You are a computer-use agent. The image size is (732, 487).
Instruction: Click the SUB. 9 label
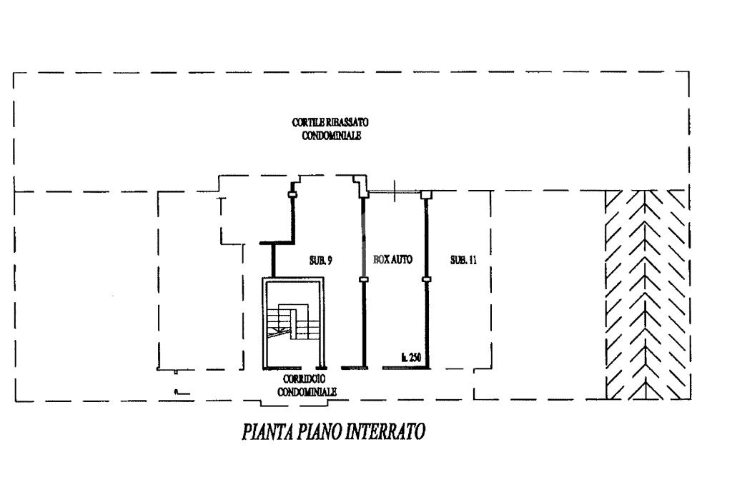point(321,261)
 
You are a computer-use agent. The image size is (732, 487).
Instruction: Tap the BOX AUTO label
point(392,259)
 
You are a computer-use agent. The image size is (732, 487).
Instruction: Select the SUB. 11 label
point(463,260)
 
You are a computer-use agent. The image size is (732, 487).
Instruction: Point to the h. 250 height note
point(411,358)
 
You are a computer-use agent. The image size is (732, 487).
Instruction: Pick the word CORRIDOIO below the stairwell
point(304,379)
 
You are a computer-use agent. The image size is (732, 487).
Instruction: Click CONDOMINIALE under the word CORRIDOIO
point(307,392)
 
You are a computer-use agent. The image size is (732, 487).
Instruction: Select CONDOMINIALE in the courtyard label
point(332,136)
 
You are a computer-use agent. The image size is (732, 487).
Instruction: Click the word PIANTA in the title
point(267,431)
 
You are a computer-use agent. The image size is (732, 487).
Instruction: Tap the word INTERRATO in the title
point(385,431)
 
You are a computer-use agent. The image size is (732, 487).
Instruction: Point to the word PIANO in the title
point(319,431)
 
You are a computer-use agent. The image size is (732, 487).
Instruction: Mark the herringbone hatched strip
point(646,295)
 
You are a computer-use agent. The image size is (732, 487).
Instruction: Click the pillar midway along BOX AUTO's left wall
point(364,279)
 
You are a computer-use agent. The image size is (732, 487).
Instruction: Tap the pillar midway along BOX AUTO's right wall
point(426,279)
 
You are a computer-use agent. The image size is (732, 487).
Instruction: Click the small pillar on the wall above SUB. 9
point(292,194)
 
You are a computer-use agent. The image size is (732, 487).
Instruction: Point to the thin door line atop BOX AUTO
point(395,191)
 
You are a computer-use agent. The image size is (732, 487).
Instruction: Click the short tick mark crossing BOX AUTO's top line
point(395,191)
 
